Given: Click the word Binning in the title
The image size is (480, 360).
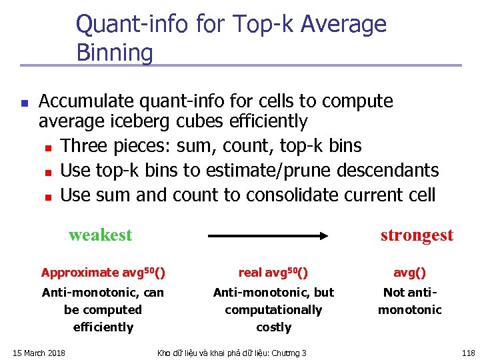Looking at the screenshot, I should click(x=115, y=53).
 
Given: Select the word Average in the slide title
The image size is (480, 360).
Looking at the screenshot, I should click(x=344, y=25).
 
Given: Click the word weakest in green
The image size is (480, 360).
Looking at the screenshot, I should click(x=101, y=235).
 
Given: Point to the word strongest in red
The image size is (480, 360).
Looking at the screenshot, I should click(x=417, y=235).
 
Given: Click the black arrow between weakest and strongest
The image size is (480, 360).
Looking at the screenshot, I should click(x=270, y=235).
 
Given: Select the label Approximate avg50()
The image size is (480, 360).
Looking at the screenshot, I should click(x=103, y=273).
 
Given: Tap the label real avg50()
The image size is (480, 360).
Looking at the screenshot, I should click(x=273, y=273).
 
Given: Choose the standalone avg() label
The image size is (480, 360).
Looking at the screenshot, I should click(x=409, y=273).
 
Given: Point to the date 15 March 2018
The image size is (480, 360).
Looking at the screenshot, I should click(x=39, y=353).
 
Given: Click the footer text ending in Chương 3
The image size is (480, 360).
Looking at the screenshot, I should click(x=231, y=353).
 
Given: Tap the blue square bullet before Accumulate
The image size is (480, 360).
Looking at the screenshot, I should click(x=23, y=104).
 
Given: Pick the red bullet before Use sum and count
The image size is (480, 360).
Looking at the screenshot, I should click(x=47, y=197).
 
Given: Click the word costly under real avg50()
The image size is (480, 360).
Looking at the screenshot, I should click(x=273, y=327).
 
